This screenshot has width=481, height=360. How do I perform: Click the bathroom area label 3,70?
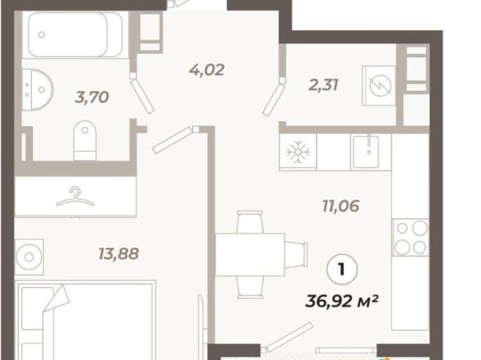[92, 97]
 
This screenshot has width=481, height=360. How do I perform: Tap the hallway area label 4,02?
[207, 70]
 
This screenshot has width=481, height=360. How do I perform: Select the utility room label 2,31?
[323, 85]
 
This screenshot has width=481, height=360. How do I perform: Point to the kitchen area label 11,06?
[340, 205]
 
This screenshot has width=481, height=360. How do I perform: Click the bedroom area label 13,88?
[119, 253]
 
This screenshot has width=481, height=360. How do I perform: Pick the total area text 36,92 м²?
[341, 301]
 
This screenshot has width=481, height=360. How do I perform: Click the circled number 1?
[342, 270]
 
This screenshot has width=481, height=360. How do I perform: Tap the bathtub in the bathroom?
[75, 35]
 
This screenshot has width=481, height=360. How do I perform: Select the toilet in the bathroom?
[85, 141]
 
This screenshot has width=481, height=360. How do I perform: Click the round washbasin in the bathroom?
[38, 89]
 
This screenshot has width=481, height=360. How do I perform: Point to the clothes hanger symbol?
[75, 197]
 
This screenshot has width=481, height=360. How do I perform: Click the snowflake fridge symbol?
[298, 152]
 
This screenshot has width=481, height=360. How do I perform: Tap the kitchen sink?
[366, 152]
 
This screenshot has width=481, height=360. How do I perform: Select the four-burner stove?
[410, 237]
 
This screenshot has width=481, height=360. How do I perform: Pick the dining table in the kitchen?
[250, 255]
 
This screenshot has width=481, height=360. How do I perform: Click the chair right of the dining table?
[296, 254]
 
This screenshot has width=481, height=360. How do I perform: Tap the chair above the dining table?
[250, 222]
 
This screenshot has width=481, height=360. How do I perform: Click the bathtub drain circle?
[41, 35]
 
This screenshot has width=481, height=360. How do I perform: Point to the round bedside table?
[29, 257]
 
